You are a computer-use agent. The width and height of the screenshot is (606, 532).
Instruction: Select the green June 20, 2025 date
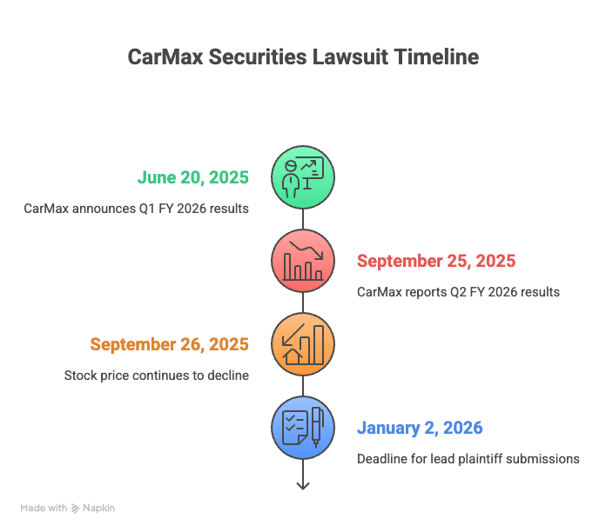[x=192, y=178]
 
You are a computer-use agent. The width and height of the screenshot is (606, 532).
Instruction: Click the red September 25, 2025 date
[x=435, y=262]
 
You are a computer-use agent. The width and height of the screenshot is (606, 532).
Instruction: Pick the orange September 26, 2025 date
[x=169, y=345]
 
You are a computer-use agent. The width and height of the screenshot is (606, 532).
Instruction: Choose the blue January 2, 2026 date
[x=419, y=429]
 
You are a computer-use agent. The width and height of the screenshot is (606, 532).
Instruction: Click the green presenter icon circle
[x=303, y=177]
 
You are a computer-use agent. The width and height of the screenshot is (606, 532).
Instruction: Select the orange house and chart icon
[x=303, y=344]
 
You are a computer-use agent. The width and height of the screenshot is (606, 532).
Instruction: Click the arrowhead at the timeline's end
[x=303, y=485]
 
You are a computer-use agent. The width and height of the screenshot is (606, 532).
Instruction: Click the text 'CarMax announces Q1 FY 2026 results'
[x=136, y=209]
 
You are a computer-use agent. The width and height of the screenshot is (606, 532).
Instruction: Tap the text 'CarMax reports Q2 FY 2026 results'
[x=458, y=292]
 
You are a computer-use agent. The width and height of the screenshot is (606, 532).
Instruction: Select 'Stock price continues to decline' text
[x=156, y=376]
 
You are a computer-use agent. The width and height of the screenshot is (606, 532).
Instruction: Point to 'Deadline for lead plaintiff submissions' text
[x=468, y=459]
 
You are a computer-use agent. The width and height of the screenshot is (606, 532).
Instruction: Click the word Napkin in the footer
[x=98, y=508]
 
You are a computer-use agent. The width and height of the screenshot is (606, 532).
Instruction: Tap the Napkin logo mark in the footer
[x=76, y=508]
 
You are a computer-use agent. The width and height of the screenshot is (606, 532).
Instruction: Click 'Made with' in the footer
[x=44, y=508]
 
